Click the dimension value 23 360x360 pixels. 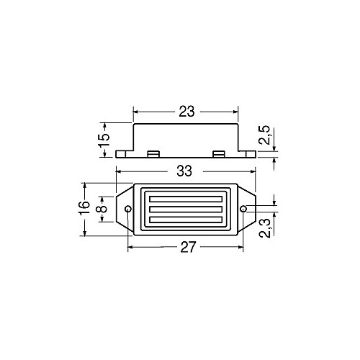point(186,112)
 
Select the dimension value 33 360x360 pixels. point(184,171)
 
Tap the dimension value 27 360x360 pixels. point(188,247)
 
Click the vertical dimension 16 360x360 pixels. point(85,208)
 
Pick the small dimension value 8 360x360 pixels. point(103,209)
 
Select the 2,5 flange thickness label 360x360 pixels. point(265,135)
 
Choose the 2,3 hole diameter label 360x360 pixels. point(266,228)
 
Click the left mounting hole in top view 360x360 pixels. point(128,209)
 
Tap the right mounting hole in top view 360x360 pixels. point(243,209)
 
